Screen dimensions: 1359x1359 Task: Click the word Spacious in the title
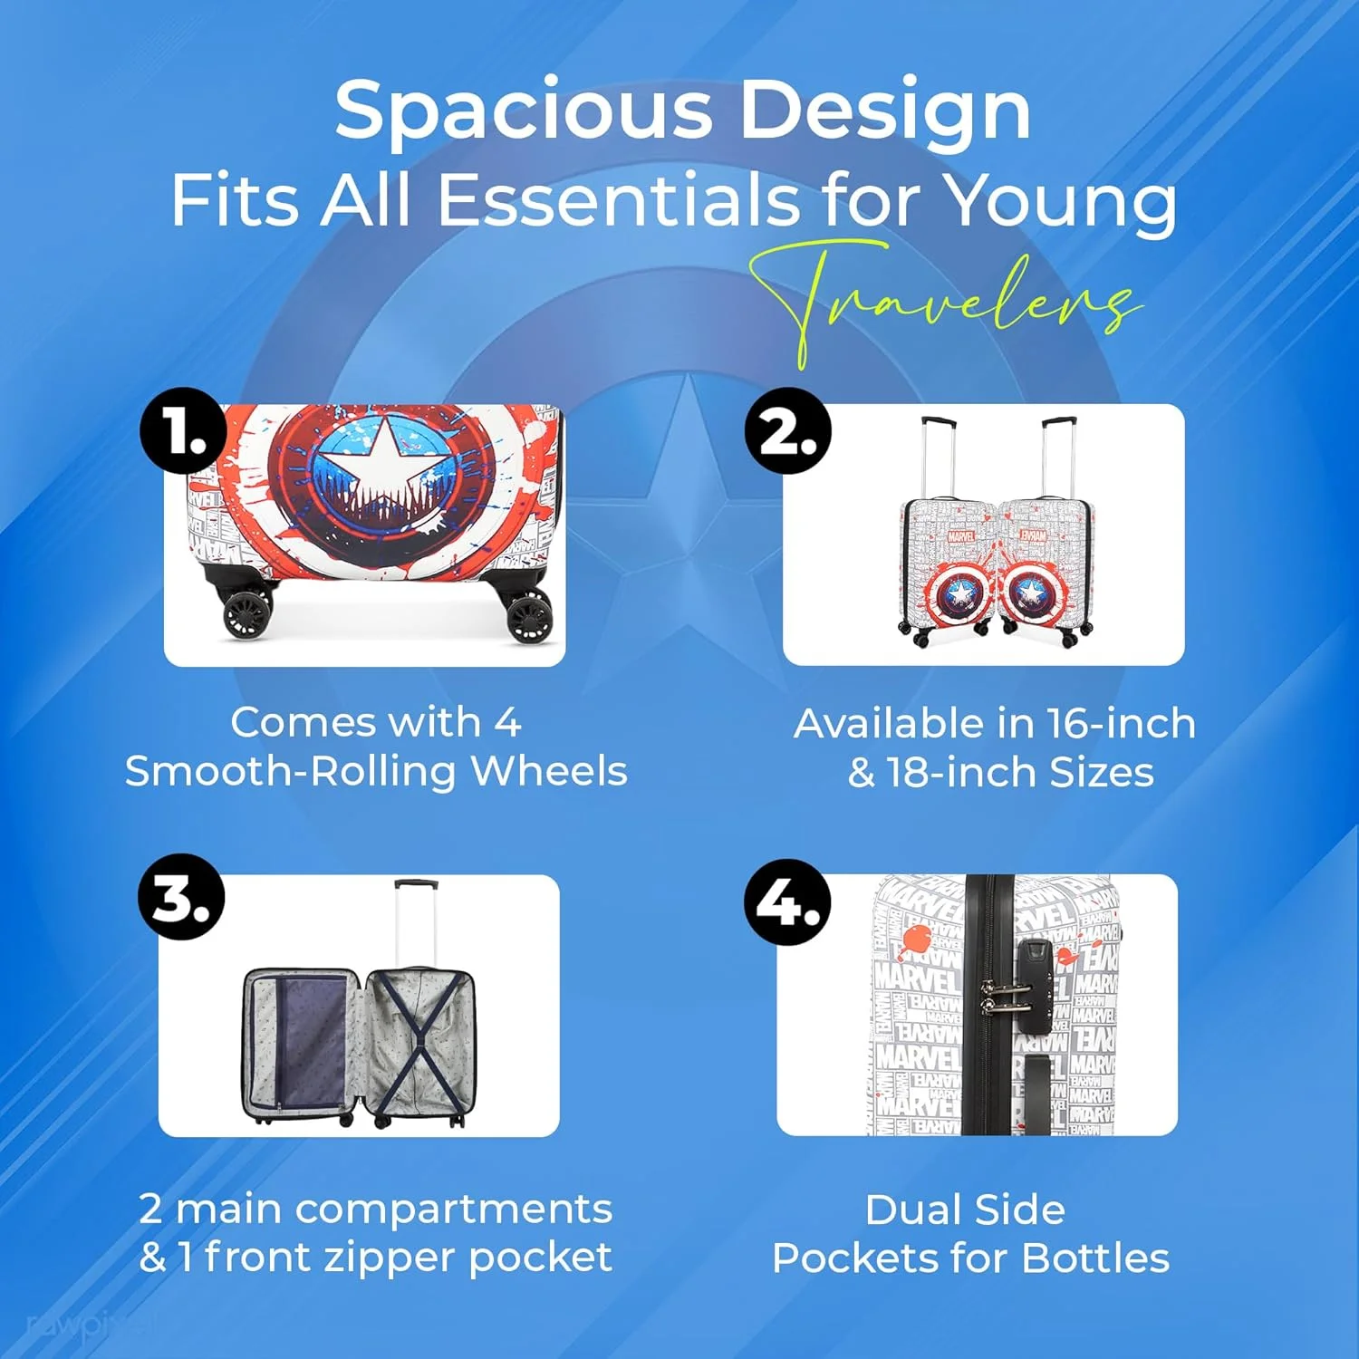click(x=525, y=110)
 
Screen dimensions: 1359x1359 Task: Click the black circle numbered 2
click(x=788, y=430)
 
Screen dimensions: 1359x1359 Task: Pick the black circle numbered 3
click(x=181, y=897)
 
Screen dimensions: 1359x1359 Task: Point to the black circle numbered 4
click(x=787, y=901)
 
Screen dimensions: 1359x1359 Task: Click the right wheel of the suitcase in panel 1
click(x=528, y=616)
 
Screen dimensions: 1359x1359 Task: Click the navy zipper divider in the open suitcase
click(x=312, y=1042)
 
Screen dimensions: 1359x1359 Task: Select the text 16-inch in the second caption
click(x=1122, y=724)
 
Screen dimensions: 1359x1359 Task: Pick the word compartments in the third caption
click(x=453, y=1210)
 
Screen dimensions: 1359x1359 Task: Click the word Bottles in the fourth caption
click(x=1095, y=1258)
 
